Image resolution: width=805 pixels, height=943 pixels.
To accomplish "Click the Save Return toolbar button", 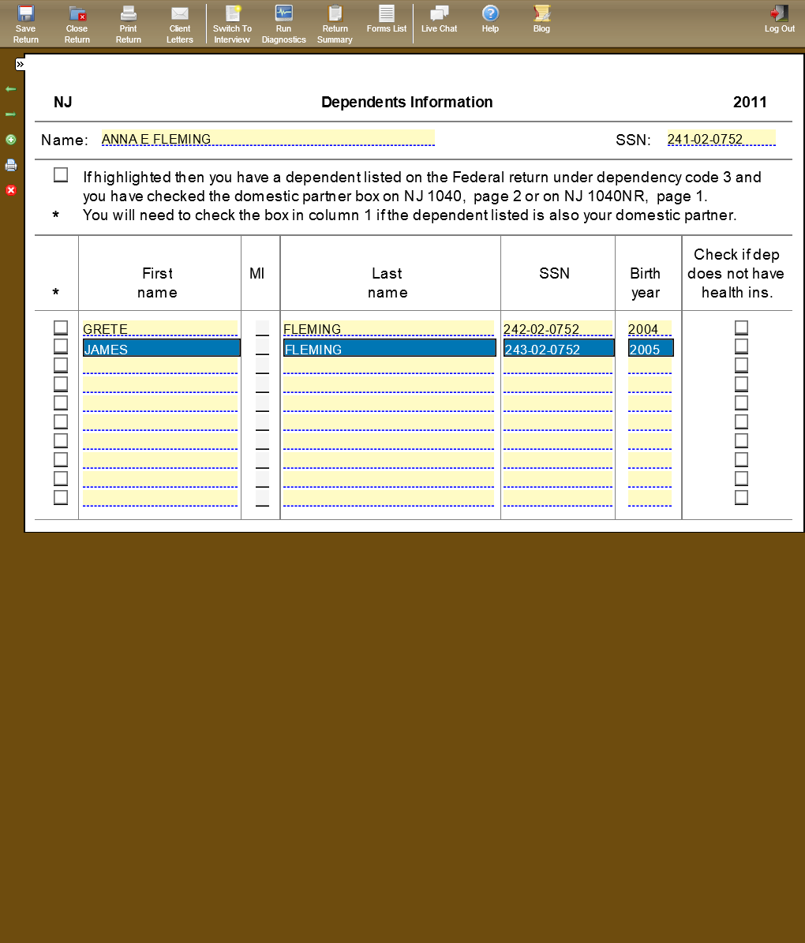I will click(25, 23).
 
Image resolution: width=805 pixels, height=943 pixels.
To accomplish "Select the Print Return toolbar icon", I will click(129, 23).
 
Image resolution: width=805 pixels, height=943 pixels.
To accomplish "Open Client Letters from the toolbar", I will click(180, 23).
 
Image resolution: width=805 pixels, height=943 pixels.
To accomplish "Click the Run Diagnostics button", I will click(283, 23).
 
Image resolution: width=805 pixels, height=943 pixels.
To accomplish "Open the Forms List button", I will click(387, 20).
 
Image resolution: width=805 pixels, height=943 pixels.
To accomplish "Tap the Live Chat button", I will click(439, 20).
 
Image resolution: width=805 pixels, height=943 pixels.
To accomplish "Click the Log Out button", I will click(779, 20).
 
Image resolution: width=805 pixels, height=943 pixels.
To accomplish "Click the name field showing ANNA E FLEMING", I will click(268, 139).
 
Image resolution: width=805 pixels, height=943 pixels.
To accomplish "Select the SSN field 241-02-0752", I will click(721, 139).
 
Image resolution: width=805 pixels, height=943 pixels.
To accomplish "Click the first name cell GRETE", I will click(159, 329).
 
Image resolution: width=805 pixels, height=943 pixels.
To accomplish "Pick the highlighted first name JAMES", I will click(161, 349).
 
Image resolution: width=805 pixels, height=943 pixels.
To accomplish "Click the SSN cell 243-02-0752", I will click(558, 349).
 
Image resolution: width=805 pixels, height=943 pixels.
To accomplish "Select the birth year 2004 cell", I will click(650, 329).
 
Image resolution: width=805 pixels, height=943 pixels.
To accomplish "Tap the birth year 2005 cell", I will click(650, 349).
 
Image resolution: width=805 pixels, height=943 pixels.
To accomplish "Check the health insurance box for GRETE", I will click(741, 327).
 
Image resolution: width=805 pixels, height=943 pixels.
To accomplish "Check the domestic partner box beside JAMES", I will click(61, 346).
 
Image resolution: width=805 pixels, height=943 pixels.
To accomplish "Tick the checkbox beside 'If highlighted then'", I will click(61, 175).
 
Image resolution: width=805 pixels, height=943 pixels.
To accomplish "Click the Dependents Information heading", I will click(406, 102).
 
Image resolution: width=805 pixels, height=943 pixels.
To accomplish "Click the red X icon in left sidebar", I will click(11, 190).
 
